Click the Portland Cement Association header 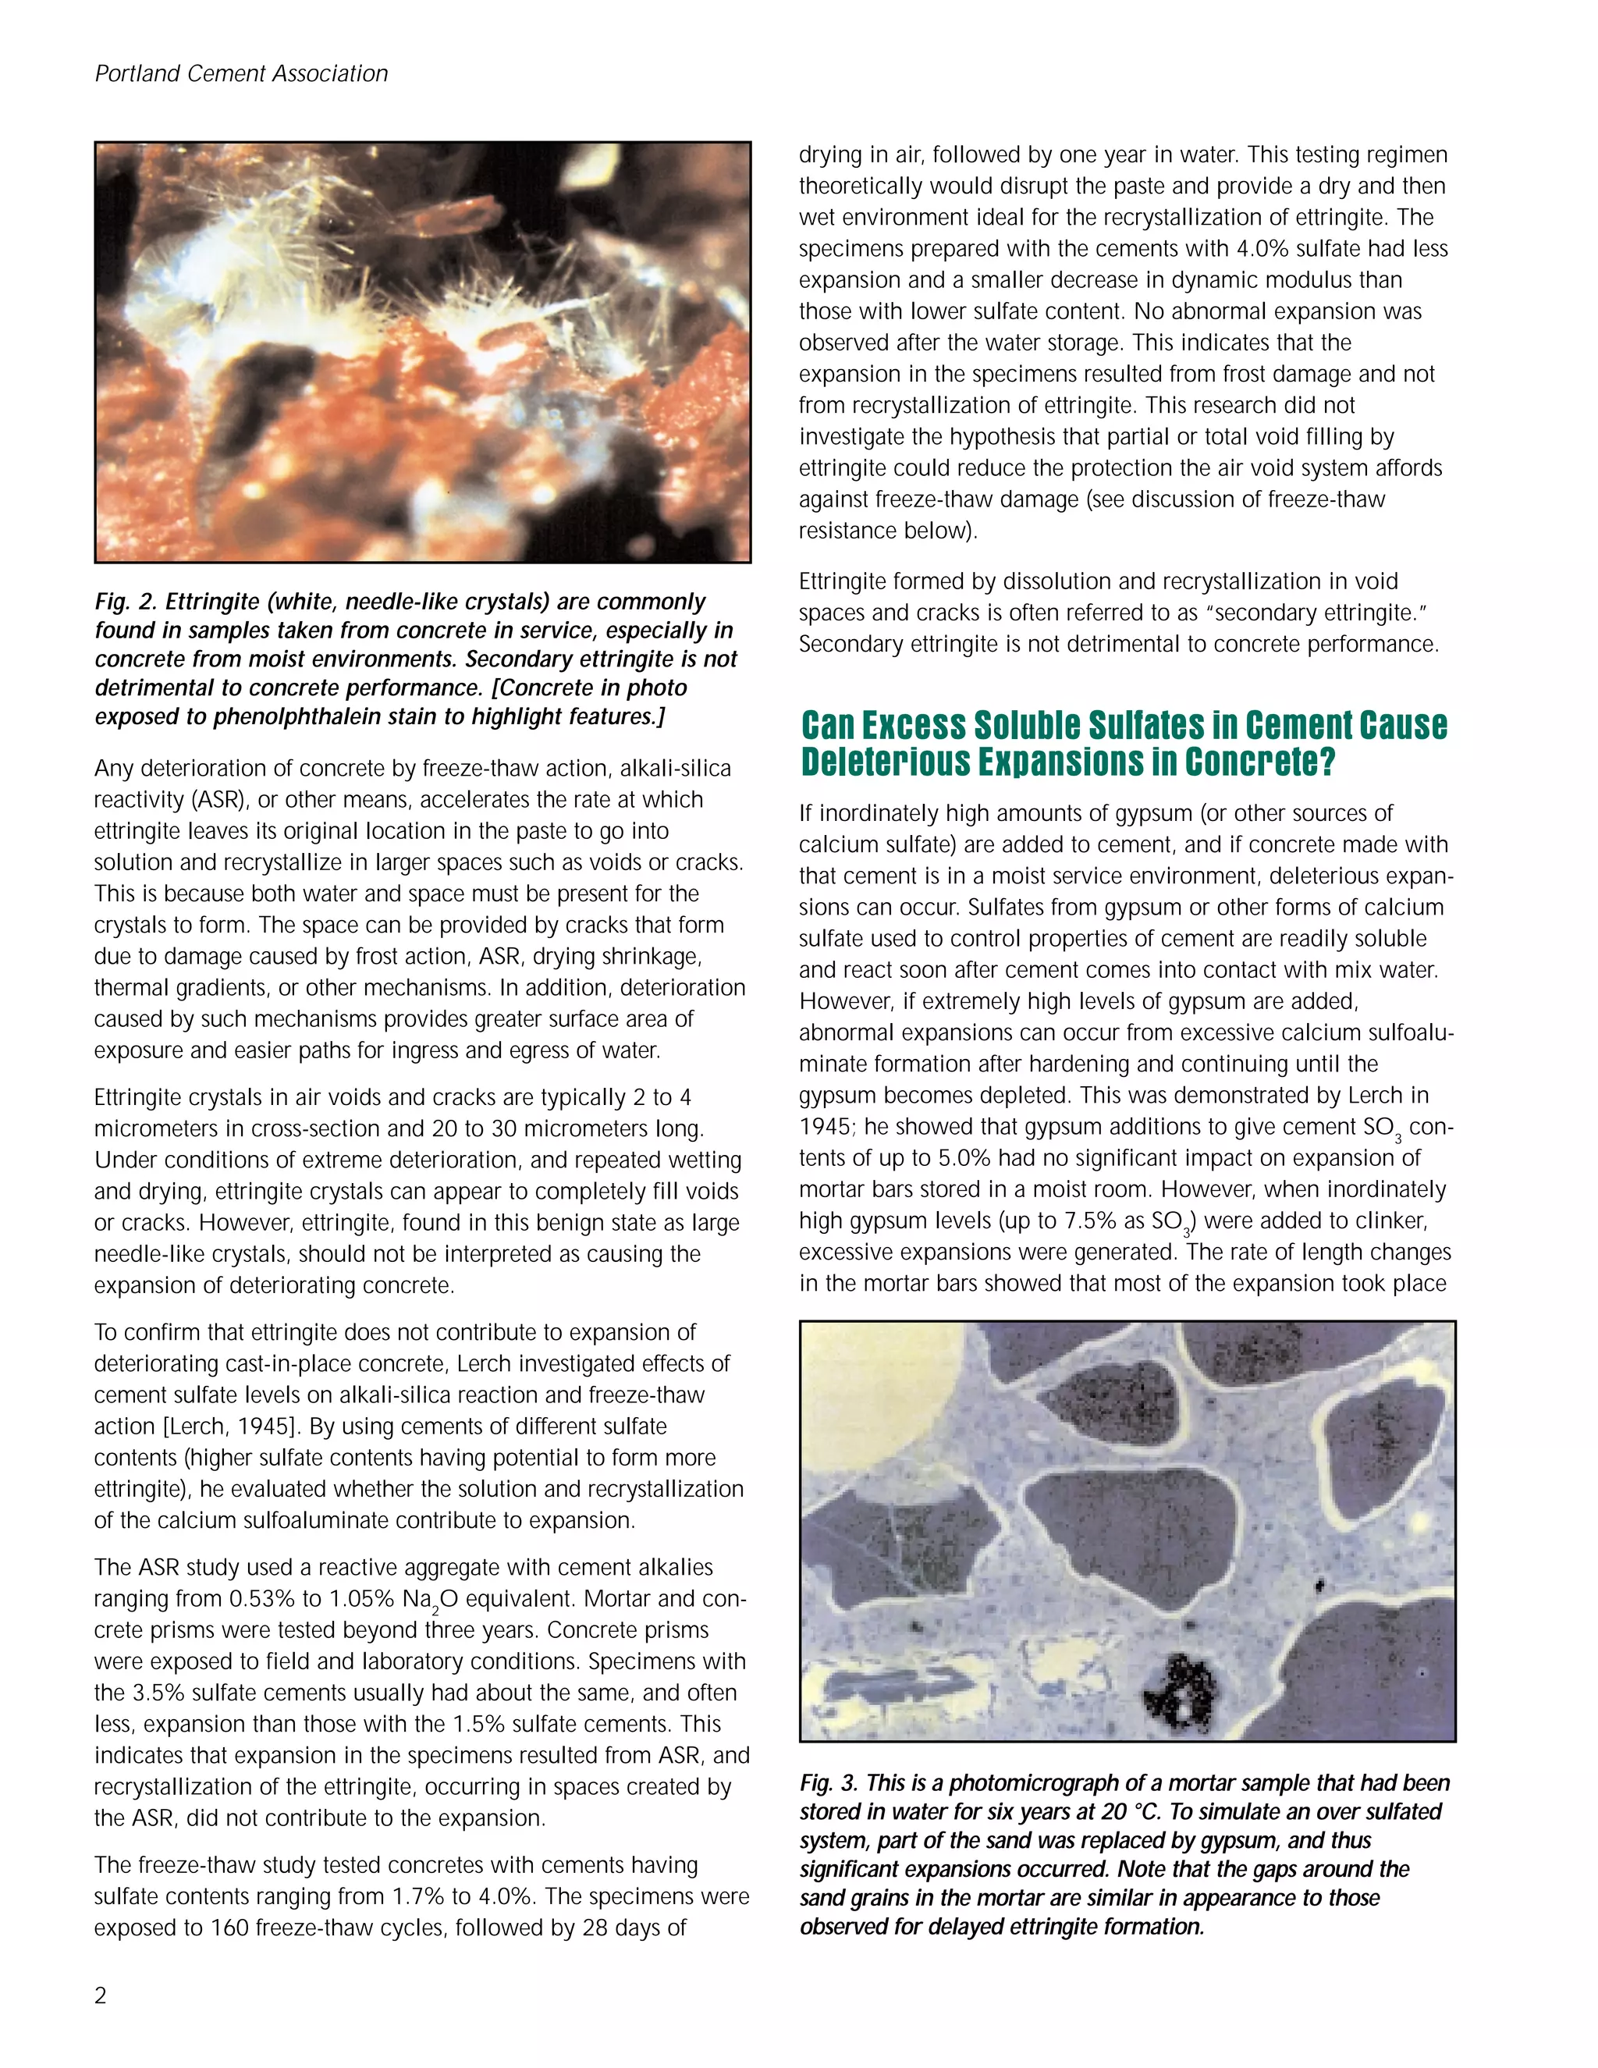pos(241,74)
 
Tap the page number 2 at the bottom pos(101,1995)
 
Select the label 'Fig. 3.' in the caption pos(829,1783)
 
